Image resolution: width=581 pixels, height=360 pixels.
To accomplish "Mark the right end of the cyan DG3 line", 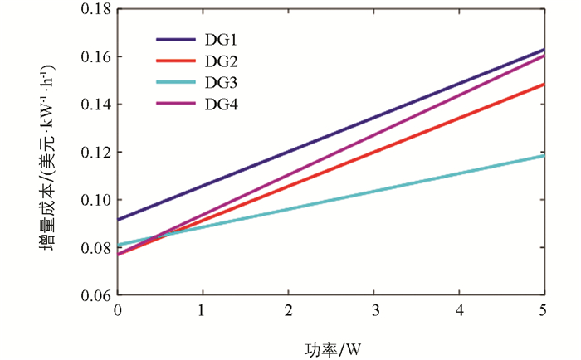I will click(544, 155).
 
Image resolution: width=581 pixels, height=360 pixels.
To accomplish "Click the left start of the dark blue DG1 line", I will click(119, 220).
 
